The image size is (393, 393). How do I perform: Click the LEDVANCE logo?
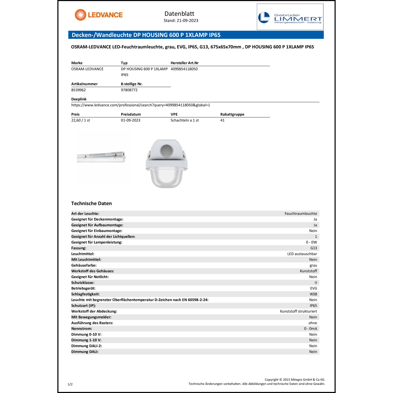99,15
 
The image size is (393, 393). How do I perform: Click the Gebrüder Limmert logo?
290,17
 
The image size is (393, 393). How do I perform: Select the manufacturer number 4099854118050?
184,69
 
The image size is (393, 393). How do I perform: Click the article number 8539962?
78,90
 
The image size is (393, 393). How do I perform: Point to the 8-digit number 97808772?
129,90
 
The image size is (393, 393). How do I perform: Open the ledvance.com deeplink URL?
140,105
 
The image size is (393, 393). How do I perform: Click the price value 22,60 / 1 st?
80,120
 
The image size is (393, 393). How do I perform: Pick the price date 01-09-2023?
130,120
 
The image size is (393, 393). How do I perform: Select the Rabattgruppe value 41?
222,120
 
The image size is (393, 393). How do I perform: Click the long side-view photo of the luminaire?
101,157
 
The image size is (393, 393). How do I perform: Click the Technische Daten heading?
91,203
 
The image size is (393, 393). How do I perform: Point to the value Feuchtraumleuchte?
301,214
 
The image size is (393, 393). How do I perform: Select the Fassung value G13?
313,248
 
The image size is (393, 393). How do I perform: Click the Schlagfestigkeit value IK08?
313,294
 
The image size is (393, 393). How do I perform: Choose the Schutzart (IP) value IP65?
313,306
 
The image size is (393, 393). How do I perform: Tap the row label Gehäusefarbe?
84,265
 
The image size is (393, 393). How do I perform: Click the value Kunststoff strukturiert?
298,312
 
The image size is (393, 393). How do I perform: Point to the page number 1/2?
70,384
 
